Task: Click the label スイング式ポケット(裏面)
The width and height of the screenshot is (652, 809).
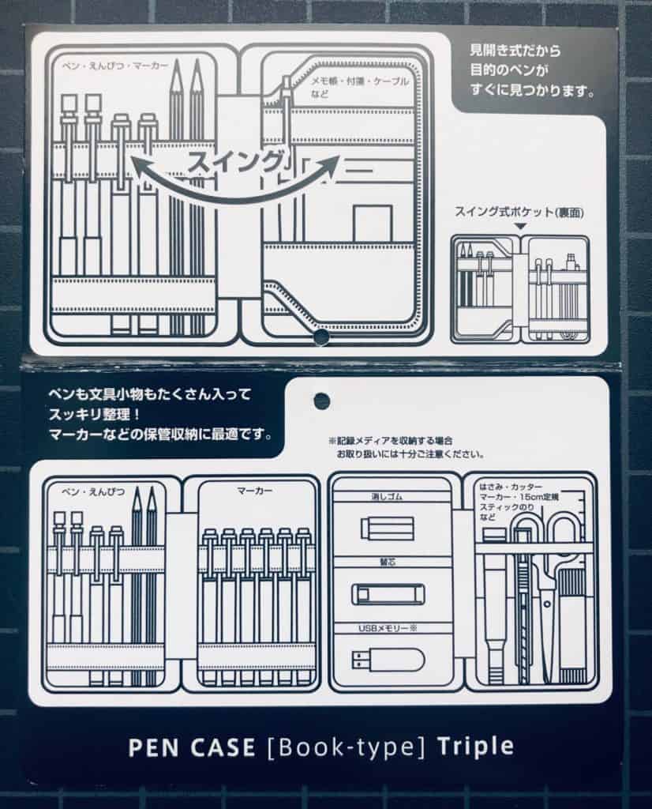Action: [x=518, y=212]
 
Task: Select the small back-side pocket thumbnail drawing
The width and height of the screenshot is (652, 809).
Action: [x=519, y=288]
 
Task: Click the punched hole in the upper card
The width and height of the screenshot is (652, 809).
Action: [x=320, y=337]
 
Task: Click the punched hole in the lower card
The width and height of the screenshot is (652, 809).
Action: [x=321, y=401]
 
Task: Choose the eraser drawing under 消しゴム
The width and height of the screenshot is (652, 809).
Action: [x=387, y=528]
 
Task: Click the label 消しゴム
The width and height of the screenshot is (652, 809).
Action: [x=386, y=499]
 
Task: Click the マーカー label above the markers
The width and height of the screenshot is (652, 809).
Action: [x=255, y=491]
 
